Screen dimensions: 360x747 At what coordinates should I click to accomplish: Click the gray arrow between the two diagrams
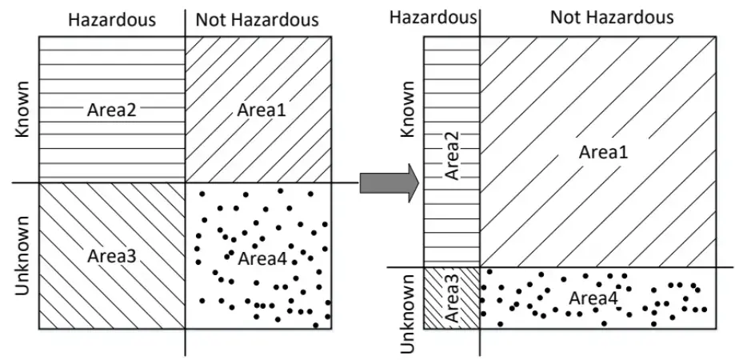pyautogui.click(x=388, y=183)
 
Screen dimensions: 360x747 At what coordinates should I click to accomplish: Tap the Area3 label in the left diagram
pyautogui.click(x=112, y=256)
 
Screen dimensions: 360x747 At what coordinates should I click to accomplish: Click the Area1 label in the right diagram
pyautogui.click(x=599, y=151)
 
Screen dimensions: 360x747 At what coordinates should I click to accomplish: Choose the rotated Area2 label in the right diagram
pyautogui.click(x=452, y=155)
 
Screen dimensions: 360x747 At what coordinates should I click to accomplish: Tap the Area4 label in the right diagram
pyautogui.click(x=593, y=298)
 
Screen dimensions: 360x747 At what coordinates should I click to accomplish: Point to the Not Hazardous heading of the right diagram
pyautogui.click(x=611, y=17)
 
